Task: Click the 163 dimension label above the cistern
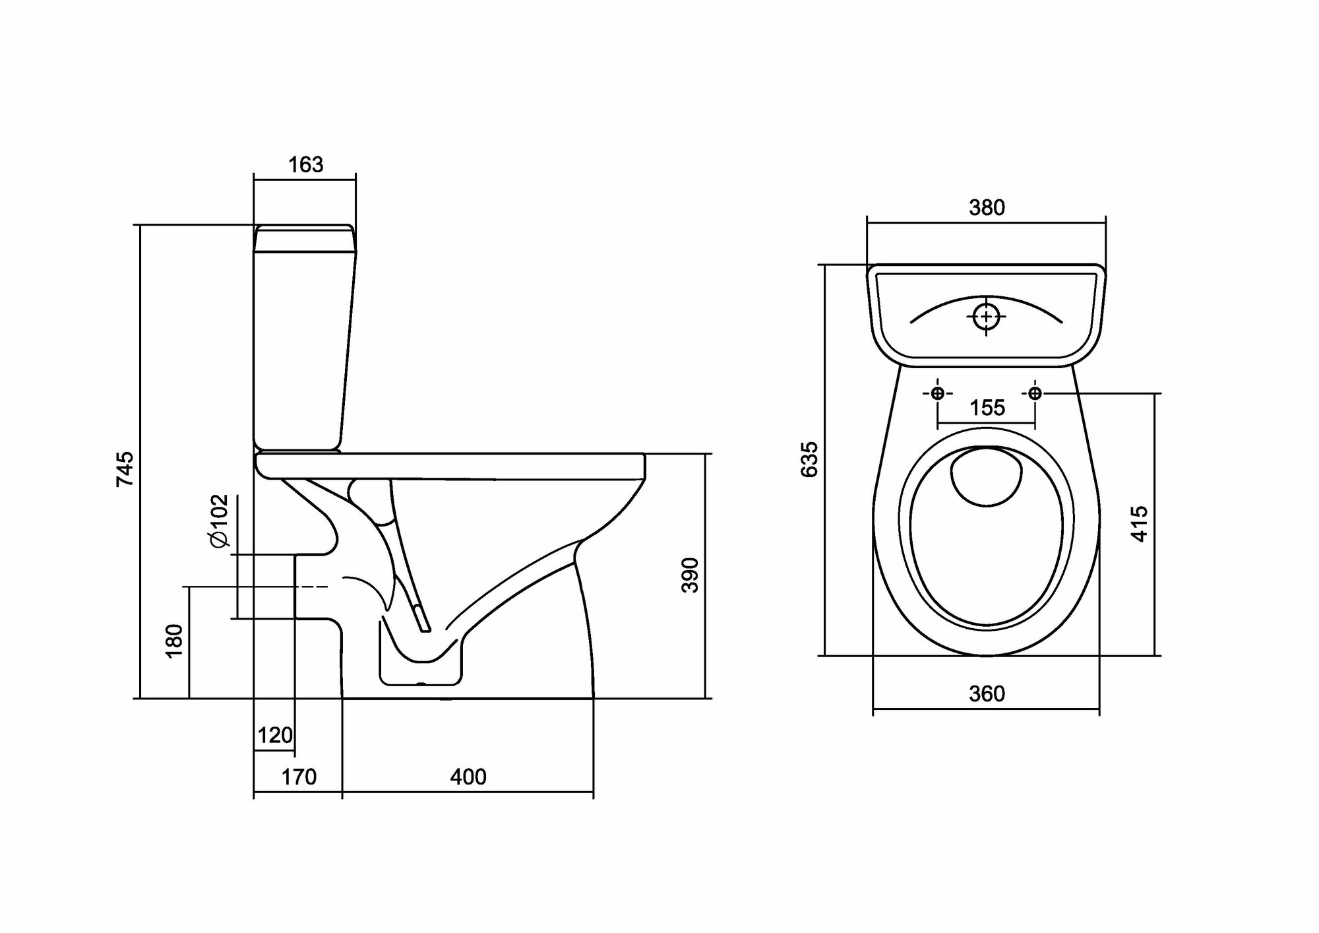pos(305,164)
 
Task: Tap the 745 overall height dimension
pos(125,469)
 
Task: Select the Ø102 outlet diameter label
pos(219,521)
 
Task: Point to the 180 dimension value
pos(174,640)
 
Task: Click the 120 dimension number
pos(274,735)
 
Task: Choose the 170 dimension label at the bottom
pos(299,777)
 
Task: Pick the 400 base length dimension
pos(468,777)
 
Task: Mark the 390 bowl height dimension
pos(690,575)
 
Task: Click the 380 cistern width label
pos(987,208)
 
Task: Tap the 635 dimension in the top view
pos(809,459)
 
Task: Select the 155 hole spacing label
pos(987,408)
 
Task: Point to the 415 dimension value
pos(1140,524)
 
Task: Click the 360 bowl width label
pos(987,693)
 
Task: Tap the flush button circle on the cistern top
pos(986,317)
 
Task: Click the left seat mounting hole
pos(937,393)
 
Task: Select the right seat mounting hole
pos(1035,393)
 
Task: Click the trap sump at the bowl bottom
pos(420,660)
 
